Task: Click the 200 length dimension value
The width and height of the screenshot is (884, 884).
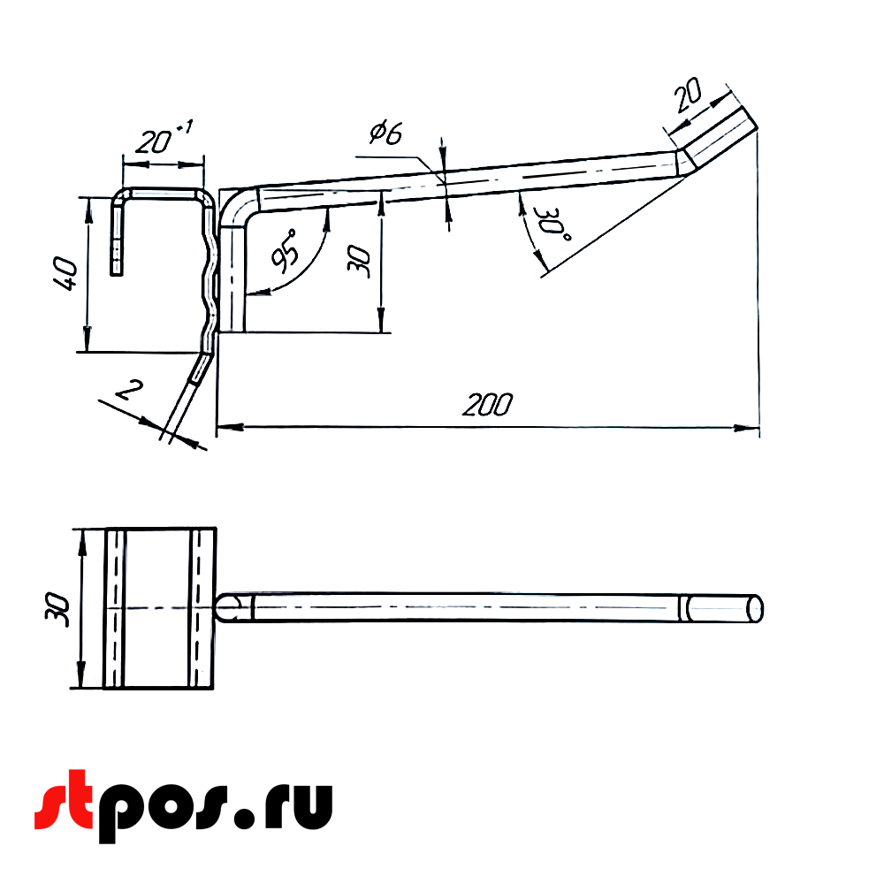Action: click(486, 405)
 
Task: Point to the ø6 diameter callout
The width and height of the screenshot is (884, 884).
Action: click(385, 133)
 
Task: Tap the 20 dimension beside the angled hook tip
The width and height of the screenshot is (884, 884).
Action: click(689, 95)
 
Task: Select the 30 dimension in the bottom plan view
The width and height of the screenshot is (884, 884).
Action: click(57, 609)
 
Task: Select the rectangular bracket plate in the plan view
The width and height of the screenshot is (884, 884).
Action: click(159, 608)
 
